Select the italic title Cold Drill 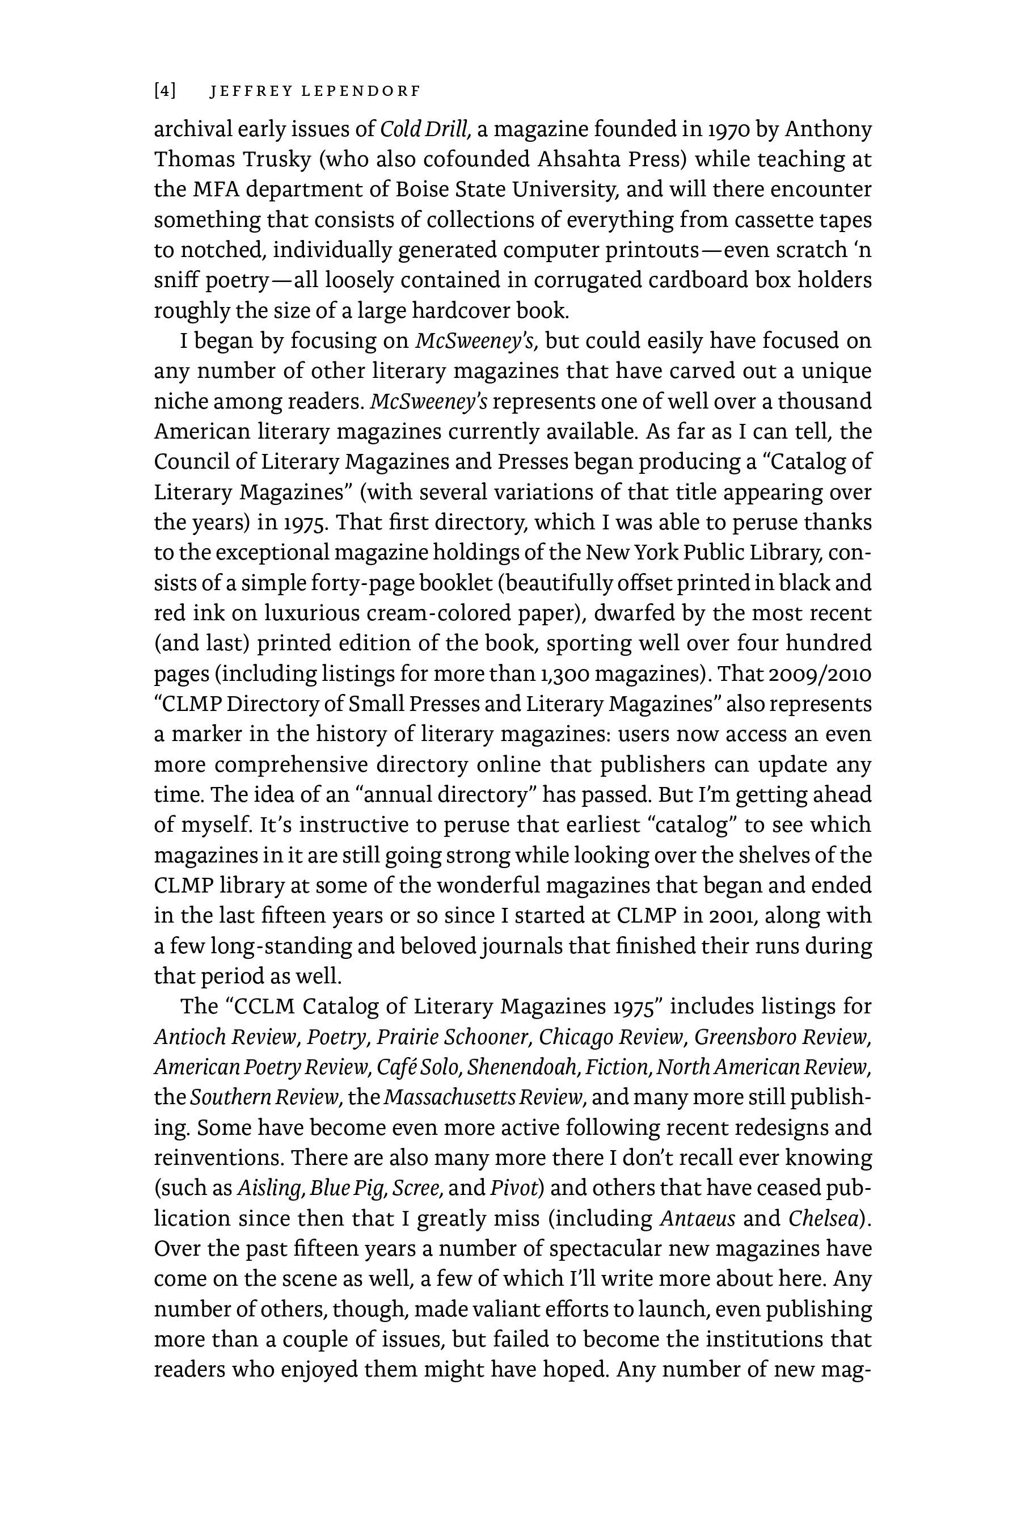pos(423,129)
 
